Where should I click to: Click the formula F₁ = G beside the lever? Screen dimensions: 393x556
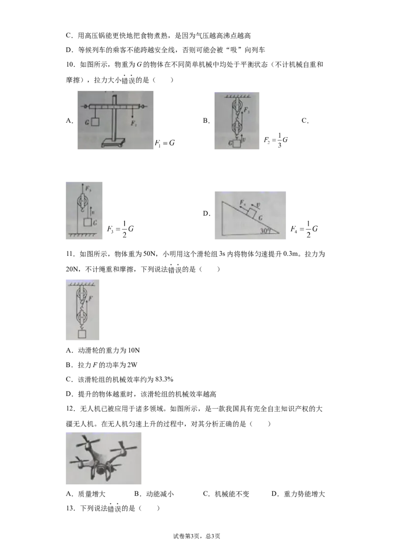click(x=165, y=143)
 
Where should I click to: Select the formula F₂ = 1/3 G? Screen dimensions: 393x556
click(x=276, y=140)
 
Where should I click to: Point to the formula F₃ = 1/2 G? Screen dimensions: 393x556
click(x=120, y=229)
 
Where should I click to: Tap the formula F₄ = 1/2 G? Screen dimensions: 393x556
click(x=304, y=229)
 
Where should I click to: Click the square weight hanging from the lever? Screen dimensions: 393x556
click(x=95, y=122)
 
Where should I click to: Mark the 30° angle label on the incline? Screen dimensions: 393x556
click(x=265, y=230)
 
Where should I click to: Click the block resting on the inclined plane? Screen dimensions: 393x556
click(x=252, y=214)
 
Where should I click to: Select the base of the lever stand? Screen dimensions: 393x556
click(x=113, y=142)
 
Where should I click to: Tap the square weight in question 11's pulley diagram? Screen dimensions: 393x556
click(x=83, y=334)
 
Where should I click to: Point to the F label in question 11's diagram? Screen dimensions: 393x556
click(x=90, y=299)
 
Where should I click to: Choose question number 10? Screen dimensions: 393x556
click(x=71, y=64)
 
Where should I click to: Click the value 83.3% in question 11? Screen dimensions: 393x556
click(x=164, y=379)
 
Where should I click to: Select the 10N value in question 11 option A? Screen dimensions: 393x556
click(x=134, y=350)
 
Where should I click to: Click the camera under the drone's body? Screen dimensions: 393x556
click(x=101, y=472)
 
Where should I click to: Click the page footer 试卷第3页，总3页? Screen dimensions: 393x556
click(x=196, y=536)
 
